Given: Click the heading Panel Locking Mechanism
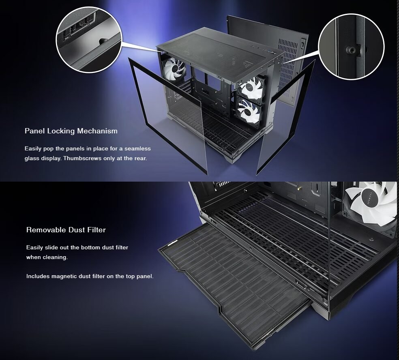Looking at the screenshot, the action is (71, 131).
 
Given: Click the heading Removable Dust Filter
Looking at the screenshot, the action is (66, 230).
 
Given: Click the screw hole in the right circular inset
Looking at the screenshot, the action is (352, 50).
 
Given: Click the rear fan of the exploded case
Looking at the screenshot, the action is (174, 69).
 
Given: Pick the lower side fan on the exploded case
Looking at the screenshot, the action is (249, 111).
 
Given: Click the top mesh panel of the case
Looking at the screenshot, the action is (220, 56).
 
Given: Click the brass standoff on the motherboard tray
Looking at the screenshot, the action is (300, 189).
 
